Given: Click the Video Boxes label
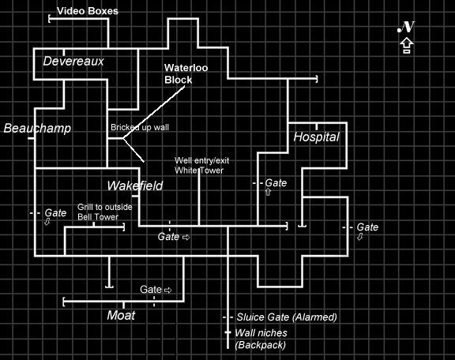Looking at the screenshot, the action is point(88,11).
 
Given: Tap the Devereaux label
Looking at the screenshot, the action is point(73,62).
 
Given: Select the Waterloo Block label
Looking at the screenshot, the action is point(186,73).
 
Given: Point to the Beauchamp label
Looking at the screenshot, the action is point(37,128).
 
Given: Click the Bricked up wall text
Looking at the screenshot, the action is point(140,127).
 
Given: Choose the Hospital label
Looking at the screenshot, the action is point(316,137).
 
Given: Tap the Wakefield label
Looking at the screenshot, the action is point(135,186).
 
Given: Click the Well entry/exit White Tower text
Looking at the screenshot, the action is point(202,165).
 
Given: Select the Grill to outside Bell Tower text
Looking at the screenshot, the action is point(105,212).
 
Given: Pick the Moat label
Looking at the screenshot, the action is point(121,315).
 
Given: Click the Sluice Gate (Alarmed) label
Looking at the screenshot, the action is point(287,317).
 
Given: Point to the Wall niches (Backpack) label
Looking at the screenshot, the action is point(261,339).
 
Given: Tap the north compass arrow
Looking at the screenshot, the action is point(407,46).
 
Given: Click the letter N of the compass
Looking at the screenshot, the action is point(406,27).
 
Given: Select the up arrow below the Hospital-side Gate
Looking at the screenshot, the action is point(268,192).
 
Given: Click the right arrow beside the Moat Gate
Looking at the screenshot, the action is point(168,290).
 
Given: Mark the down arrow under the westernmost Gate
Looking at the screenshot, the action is point(47,222).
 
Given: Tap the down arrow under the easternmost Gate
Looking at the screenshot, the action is point(360,237).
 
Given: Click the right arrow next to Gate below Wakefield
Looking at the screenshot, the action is point(186,238).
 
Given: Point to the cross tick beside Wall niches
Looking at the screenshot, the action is point(228,332).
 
